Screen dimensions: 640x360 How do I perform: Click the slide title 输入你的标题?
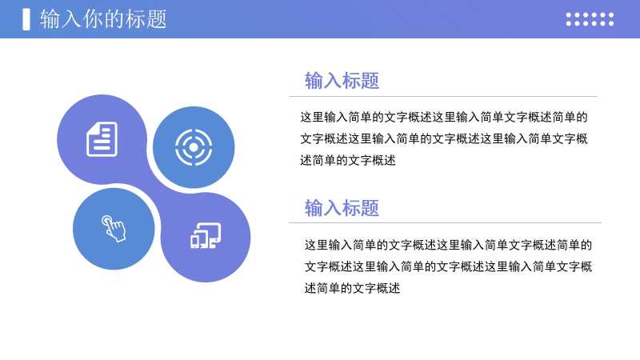[x=103, y=19]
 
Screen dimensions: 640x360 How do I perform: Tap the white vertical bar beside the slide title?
[x=26, y=19]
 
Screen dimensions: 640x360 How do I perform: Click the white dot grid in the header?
[x=590, y=19]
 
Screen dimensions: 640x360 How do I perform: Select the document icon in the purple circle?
[x=102, y=139]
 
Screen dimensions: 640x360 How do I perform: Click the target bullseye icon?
[x=194, y=147]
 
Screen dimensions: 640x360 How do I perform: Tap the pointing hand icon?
[x=114, y=229]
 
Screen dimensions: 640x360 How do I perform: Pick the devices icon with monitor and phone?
[x=206, y=235]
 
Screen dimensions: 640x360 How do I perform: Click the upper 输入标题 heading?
[x=342, y=81]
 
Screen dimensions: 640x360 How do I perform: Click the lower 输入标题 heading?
[x=342, y=208]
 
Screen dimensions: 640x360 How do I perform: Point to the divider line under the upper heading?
[x=443, y=97]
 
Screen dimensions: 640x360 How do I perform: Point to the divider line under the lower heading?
[x=446, y=223]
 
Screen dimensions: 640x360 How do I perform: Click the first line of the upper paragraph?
[x=444, y=117]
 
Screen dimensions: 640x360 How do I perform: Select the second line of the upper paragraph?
[x=444, y=138]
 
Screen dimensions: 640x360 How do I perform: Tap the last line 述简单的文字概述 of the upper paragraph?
[x=348, y=161]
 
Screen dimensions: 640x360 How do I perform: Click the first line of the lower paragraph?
[x=448, y=245]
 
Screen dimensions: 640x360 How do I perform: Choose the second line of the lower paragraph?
[x=448, y=266]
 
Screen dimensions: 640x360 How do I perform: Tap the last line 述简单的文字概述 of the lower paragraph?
[x=352, y=288]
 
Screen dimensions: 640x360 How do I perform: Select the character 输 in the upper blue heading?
[x=314, y=81]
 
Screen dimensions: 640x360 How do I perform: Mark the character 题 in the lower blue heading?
[x=370, y=208]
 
